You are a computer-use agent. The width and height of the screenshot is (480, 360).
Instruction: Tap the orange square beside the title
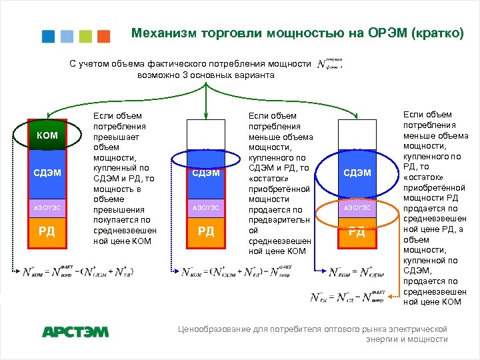[103, 36]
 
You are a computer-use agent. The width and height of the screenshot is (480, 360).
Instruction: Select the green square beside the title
[85, 36]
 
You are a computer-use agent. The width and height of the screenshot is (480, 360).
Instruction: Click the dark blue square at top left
[49, 36]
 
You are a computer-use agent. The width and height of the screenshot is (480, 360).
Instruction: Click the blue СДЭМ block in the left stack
[47, 173]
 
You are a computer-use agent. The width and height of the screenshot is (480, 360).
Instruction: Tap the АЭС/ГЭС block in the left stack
[47, 207]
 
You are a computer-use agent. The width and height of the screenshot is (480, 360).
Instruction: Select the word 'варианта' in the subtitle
[255, 75]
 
